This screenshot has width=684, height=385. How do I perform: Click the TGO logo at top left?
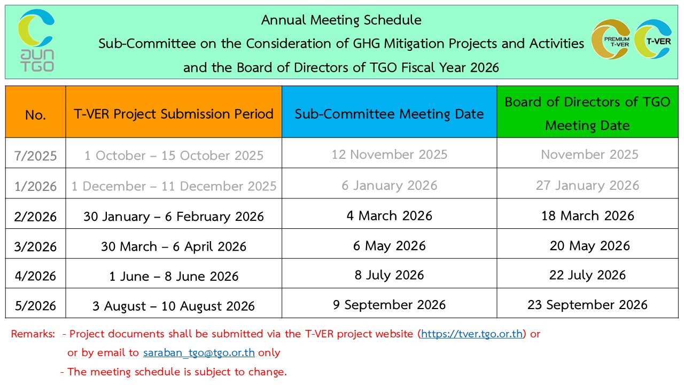pos(36,41)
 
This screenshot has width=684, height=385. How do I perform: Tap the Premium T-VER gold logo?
pos(611,39)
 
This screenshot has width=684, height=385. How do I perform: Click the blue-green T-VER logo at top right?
pos(653,39)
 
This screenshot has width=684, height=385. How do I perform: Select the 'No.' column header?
pos(35,115)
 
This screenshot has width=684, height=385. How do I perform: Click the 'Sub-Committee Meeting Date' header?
pos(390,114)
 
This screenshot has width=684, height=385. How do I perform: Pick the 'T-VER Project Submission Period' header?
pos(174,114)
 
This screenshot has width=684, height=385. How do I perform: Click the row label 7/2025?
pos(35,156)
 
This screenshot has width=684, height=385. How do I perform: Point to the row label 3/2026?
pos(35,247)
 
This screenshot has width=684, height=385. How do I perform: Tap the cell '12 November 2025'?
pos(390,155)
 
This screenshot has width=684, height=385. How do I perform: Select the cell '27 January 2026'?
pos(587,186)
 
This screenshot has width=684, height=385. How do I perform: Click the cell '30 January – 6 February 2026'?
pos(174,217)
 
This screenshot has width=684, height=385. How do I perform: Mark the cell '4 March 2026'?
pos(390,215)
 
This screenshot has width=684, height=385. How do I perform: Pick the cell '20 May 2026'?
pos(589,246)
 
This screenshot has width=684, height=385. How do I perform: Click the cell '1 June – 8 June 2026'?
pos(174,276)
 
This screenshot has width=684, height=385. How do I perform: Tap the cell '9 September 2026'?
pos(390,305)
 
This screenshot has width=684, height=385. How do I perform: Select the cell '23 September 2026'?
pos(587,305)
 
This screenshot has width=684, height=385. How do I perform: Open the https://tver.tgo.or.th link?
pos(472,334)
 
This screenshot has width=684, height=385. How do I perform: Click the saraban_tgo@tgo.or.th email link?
pos(199,352)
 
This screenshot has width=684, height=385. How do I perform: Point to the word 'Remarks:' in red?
pos(33,334)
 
